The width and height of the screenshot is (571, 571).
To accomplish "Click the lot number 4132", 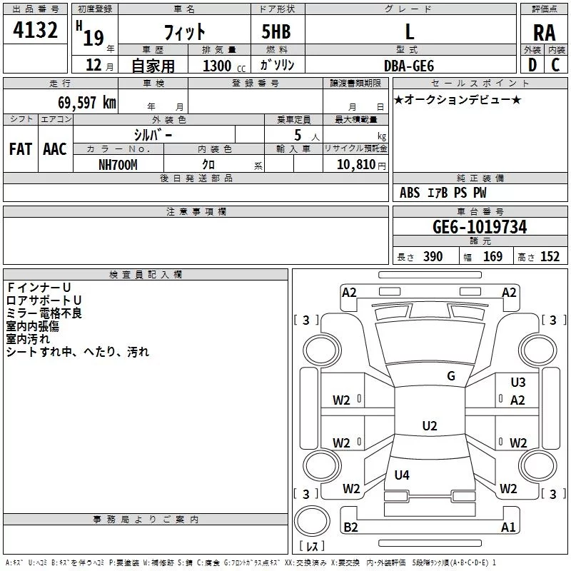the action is [35, 30].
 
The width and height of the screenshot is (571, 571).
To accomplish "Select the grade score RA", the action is [544, 33].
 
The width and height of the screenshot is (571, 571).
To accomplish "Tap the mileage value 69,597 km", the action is [87, 103].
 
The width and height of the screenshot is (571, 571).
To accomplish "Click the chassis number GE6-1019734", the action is [480, 227].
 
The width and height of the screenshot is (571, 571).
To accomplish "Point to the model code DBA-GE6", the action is [409, 66].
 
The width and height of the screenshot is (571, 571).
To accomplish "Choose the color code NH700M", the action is [118, 165].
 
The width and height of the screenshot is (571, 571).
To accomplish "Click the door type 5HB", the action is [276, 31].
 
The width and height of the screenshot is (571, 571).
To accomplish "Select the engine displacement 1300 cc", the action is [224, 66].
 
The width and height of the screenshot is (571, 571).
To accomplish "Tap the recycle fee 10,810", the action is [355, 165].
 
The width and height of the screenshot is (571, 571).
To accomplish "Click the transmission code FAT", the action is [21, 149].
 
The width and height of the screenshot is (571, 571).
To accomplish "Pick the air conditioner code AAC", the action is [55, 149].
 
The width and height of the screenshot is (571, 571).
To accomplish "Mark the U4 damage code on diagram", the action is [402, 475].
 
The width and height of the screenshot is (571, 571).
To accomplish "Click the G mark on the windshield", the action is [451, 376].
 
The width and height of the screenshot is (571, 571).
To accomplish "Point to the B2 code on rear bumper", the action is [350, 527].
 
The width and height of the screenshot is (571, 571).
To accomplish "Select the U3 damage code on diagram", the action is [518, 383].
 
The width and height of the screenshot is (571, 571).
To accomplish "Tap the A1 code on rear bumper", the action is [508, 527].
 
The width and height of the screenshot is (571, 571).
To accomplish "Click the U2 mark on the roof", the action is [430, 425].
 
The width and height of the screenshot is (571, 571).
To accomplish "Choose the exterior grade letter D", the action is [532, 65].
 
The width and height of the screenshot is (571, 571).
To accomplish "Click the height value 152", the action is [550, 257].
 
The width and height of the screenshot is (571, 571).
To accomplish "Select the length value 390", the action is [433, 257].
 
